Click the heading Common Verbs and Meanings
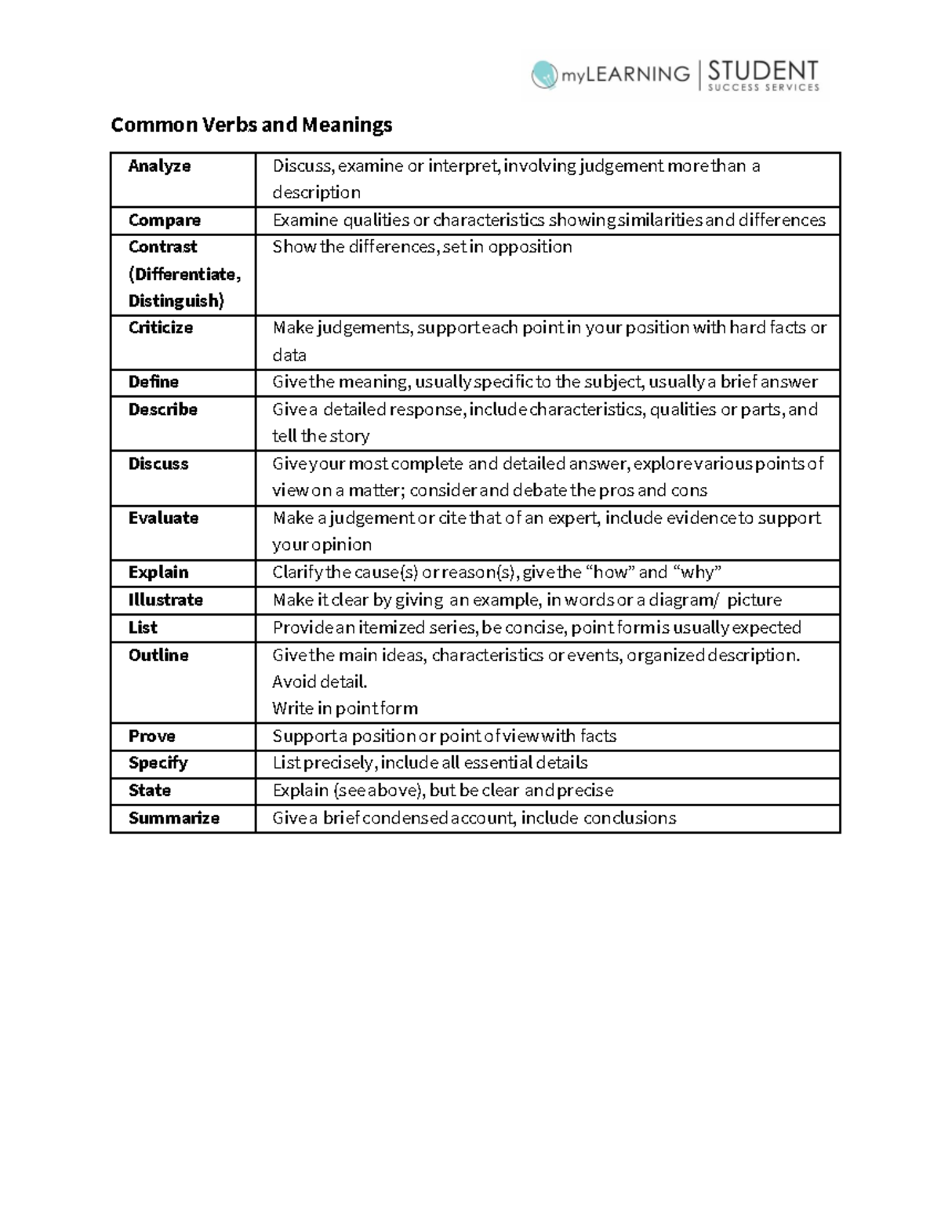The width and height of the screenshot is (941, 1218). (x=251, y=125)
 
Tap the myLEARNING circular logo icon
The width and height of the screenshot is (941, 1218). (x=544, y=75)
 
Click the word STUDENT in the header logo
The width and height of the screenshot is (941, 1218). (x=762, y=71)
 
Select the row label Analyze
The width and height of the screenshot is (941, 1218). (x=159, y=166)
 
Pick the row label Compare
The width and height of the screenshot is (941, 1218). (x=164, y=220)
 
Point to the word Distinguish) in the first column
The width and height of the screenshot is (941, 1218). (x=176, y=301)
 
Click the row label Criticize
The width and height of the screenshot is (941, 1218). (x=160, y=328)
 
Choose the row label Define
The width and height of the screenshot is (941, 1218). (x=153, y=382)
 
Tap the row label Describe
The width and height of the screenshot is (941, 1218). (x=162, y=409)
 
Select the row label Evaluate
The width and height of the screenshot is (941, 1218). (x=163, y=518)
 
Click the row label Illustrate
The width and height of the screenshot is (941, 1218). (x=165, y=600)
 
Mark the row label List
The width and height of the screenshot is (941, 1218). (x=143, y=627)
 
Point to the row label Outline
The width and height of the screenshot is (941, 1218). (x=158, y=655)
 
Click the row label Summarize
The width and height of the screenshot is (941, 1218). (x=173, y=818)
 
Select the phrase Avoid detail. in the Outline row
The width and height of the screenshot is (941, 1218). (x=319, y=682)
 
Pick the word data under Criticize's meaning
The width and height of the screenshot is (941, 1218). (x=289, y=355)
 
